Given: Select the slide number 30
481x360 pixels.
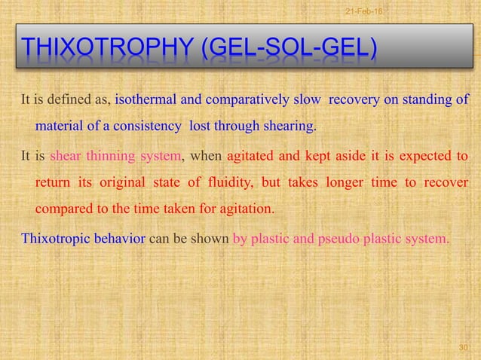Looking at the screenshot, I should point(464,347).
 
